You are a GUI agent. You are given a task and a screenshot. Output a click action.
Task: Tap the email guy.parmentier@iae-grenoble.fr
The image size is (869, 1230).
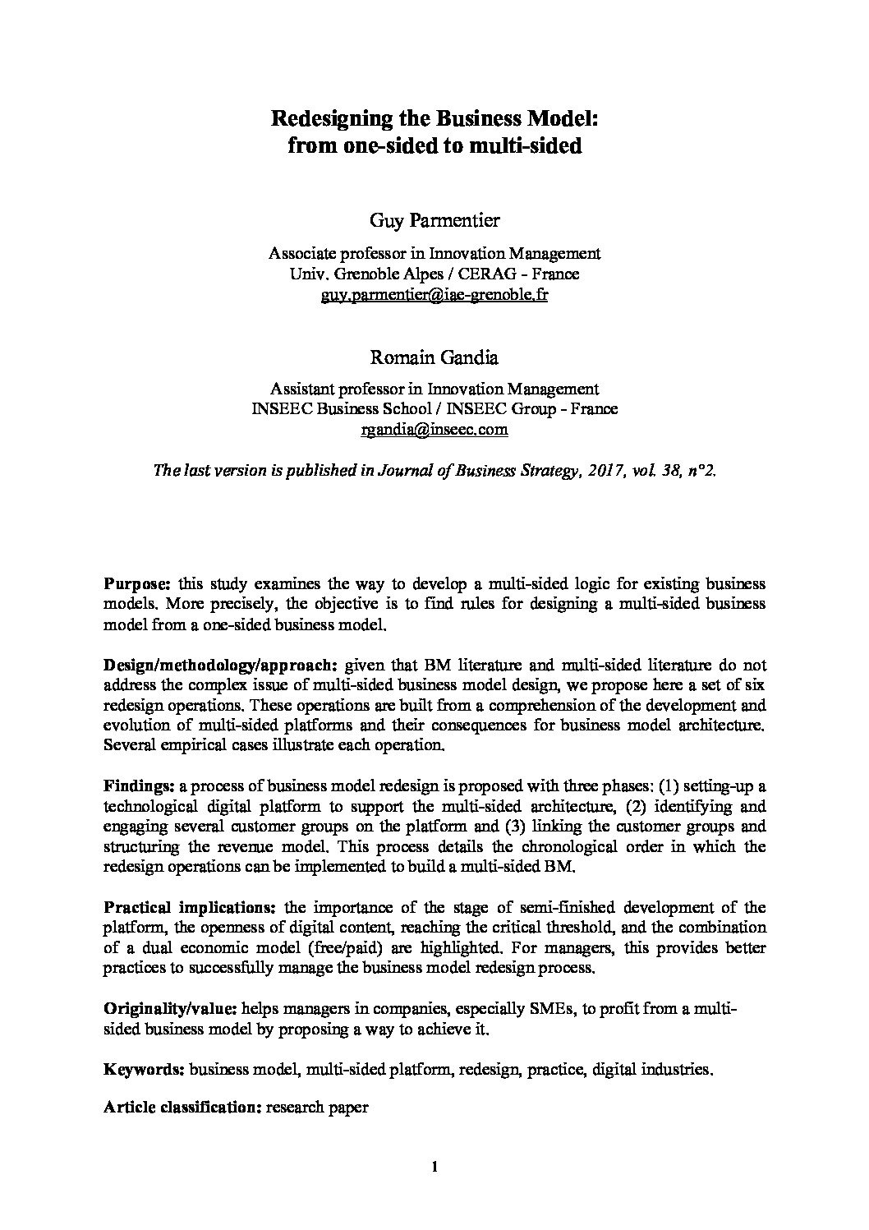(x=434, y=294)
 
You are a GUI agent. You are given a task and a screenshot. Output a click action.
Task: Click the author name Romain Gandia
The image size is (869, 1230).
(x=434, y=357)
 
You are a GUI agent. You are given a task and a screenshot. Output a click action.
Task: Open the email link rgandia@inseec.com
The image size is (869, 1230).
(x=434, y=429)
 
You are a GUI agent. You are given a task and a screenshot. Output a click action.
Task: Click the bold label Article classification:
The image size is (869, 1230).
(x=182, y=1107)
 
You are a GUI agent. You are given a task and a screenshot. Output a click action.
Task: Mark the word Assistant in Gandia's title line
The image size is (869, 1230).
(x=301, y=389)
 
